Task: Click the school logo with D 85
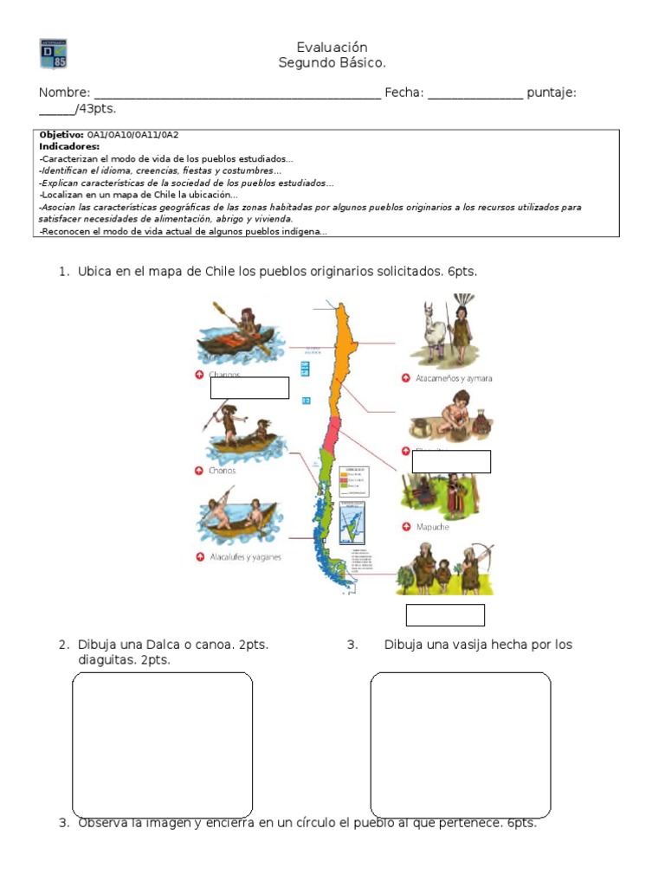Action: pos(53,54)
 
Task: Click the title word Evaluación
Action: pos(332,47)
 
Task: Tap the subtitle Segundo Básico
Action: pos(332,62)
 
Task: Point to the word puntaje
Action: pos(552,93)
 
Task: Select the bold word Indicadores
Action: pos(69,147)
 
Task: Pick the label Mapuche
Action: pos(432,527)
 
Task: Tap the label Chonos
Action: pos(222,471)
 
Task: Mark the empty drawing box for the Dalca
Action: pos(162,744)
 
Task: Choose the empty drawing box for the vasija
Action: pos(461,744)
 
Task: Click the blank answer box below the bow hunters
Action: pos(445,615)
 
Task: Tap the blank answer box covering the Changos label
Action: pos(249,388)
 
